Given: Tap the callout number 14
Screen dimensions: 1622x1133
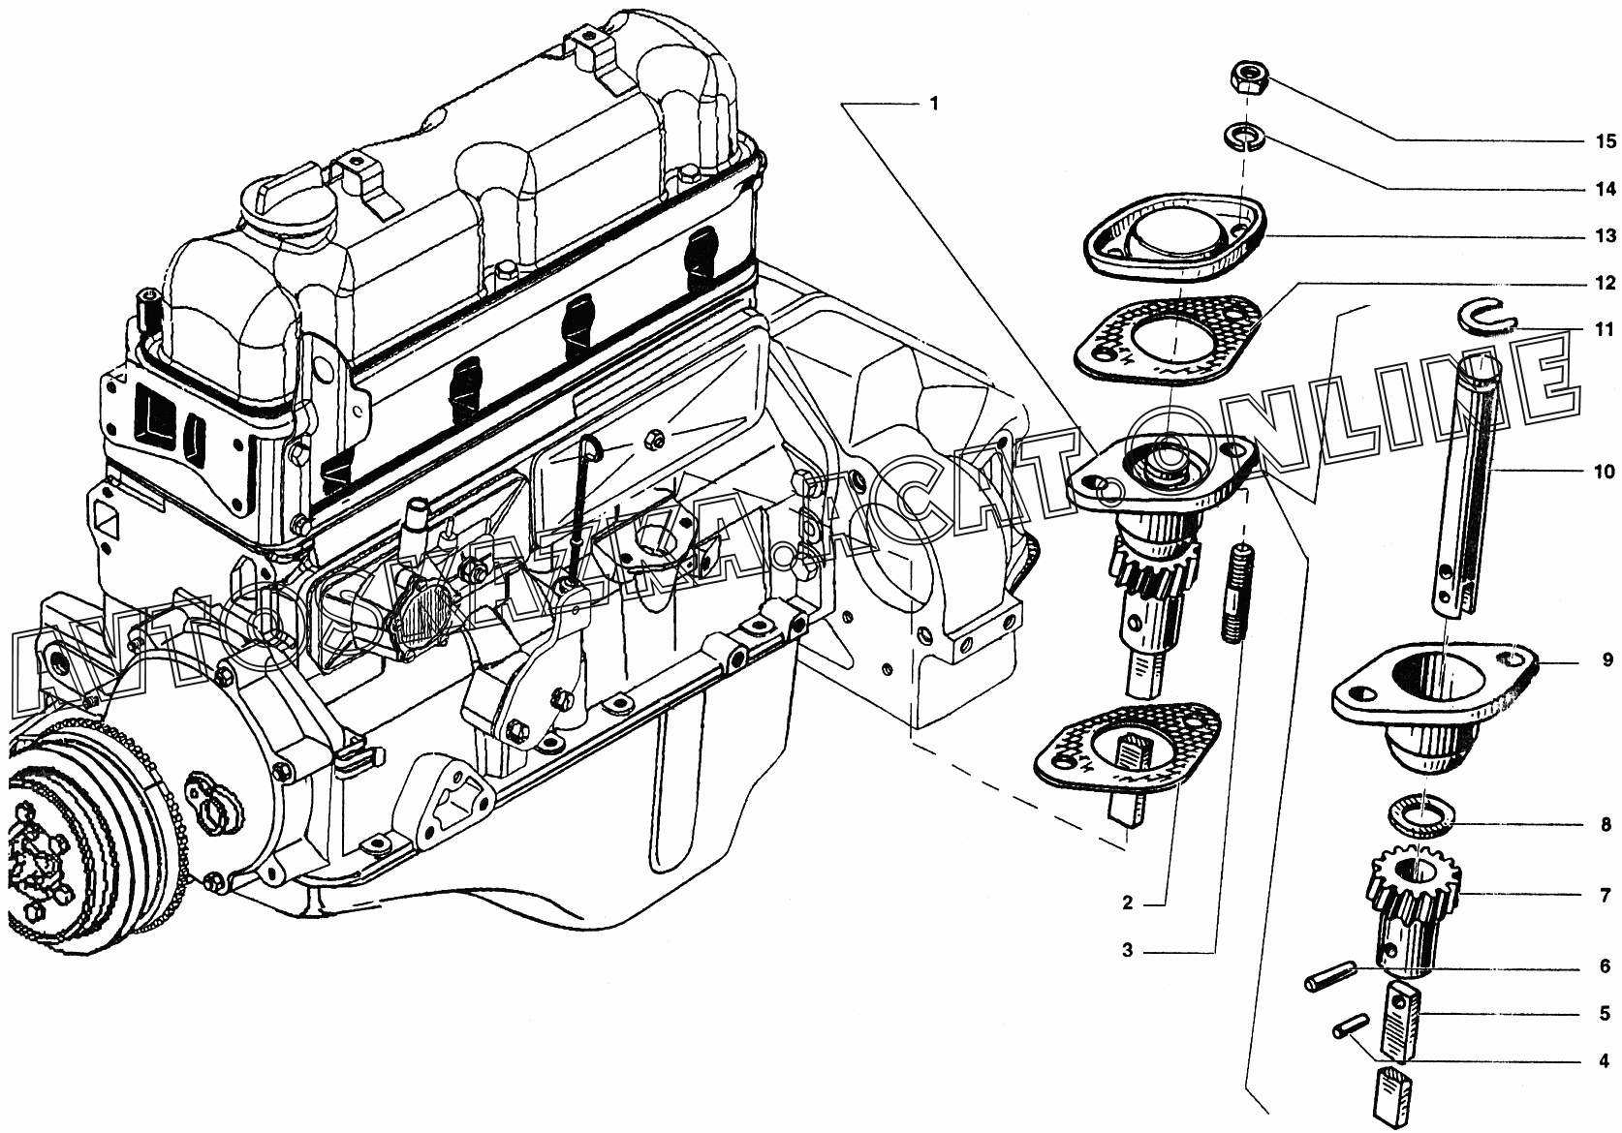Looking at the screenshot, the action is click(x=1606, y=189).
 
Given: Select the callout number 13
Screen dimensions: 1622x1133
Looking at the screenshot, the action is click(x=1606, y=236).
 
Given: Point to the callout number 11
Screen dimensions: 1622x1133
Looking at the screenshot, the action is click(x=1606, y=329).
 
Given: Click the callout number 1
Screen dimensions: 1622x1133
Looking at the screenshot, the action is click(x=934, y=104).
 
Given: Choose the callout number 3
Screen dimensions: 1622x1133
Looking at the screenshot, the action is click(x=1128, y=950).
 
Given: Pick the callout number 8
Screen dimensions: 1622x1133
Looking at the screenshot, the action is click(x=1606, y=824).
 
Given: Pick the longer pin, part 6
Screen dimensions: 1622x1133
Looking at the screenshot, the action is click(x=1329, y=974).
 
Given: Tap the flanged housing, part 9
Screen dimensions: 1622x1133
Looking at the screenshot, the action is click(x=1435, y=705).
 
